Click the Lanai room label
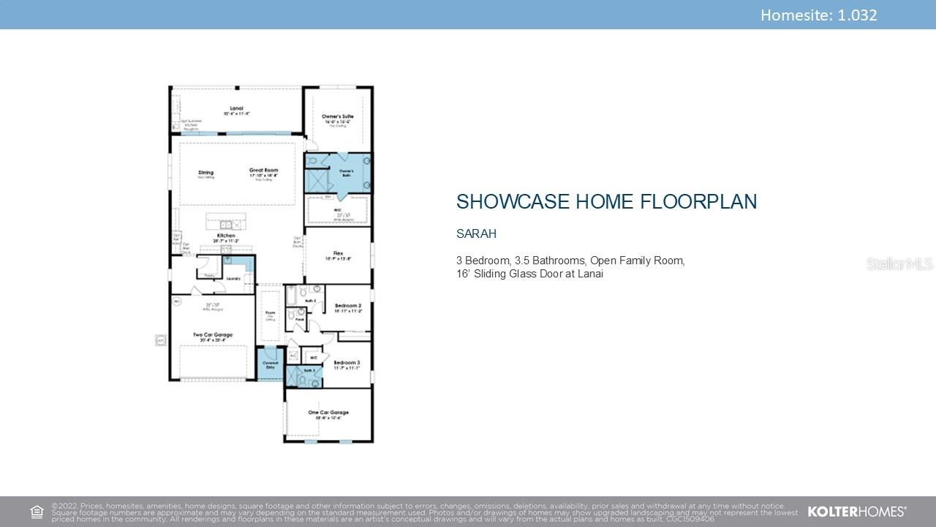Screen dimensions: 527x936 click(x=236, y=108)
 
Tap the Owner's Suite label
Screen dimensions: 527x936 click(x=338, y=116)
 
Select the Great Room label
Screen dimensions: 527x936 click(x=263, y=171)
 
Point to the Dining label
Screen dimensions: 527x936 click(x=205, y=173)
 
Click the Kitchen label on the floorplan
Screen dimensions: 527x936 click(x=225, y=236)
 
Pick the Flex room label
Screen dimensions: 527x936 click(x=338, y=254)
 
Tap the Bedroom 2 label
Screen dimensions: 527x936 click(x=348, y=305)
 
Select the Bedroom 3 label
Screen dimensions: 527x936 click(x=347, y=363)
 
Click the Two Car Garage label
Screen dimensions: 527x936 click(x=213, y=335)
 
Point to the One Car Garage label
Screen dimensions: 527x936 click(x=328, y=413)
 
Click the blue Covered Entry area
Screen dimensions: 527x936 click(x=270, y=365)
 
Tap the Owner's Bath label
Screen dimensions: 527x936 click(x=346, y=171)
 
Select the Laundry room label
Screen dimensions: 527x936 click(x=233, y=278)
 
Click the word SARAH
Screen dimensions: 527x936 click(x=476, y=234)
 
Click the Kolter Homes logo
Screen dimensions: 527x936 click(x=856, y=512)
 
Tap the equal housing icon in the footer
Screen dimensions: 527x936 click(x=37, y=512)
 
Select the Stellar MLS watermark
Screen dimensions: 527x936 click(x=899, y=263)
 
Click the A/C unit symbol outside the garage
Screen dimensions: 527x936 click(x=160, y=340)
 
